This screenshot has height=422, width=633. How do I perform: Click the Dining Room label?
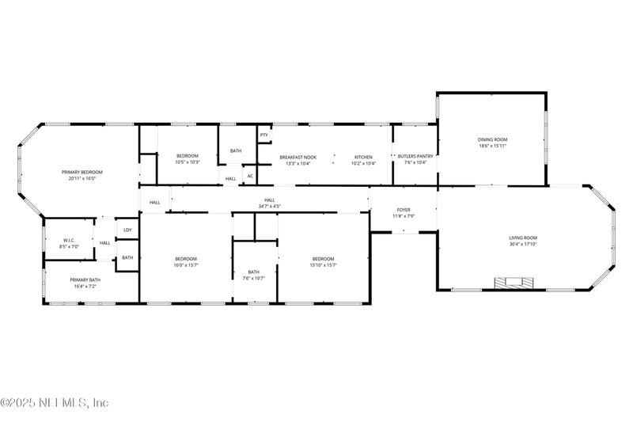click(491, 139)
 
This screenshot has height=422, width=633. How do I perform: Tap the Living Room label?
click(523, 238)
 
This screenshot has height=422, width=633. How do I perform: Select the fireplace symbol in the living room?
click(511, 283)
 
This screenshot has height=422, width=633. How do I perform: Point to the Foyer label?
click(404, 210)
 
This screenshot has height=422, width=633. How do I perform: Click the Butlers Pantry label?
click(415, 156)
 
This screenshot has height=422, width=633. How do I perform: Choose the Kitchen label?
click(363, 156)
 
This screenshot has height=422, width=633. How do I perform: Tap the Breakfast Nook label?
click(298, 156)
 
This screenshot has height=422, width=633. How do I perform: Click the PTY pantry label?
click(264, 135)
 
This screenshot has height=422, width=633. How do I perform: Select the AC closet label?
click(250, 176)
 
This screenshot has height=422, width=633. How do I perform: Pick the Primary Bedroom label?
click(82, 172)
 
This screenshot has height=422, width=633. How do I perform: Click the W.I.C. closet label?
click(69, 240)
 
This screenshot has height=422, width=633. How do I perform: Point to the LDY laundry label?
click(127, 230)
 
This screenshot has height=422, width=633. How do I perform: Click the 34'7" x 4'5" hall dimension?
click(269, 206)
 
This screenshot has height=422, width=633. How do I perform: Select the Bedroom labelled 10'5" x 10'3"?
click(188, 155)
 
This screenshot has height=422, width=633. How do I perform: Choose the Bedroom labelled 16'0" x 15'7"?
click(186, 259)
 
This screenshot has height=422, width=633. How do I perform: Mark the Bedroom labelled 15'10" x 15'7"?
click(323, 259)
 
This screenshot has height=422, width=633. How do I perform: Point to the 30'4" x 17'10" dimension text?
click(523, 244)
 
